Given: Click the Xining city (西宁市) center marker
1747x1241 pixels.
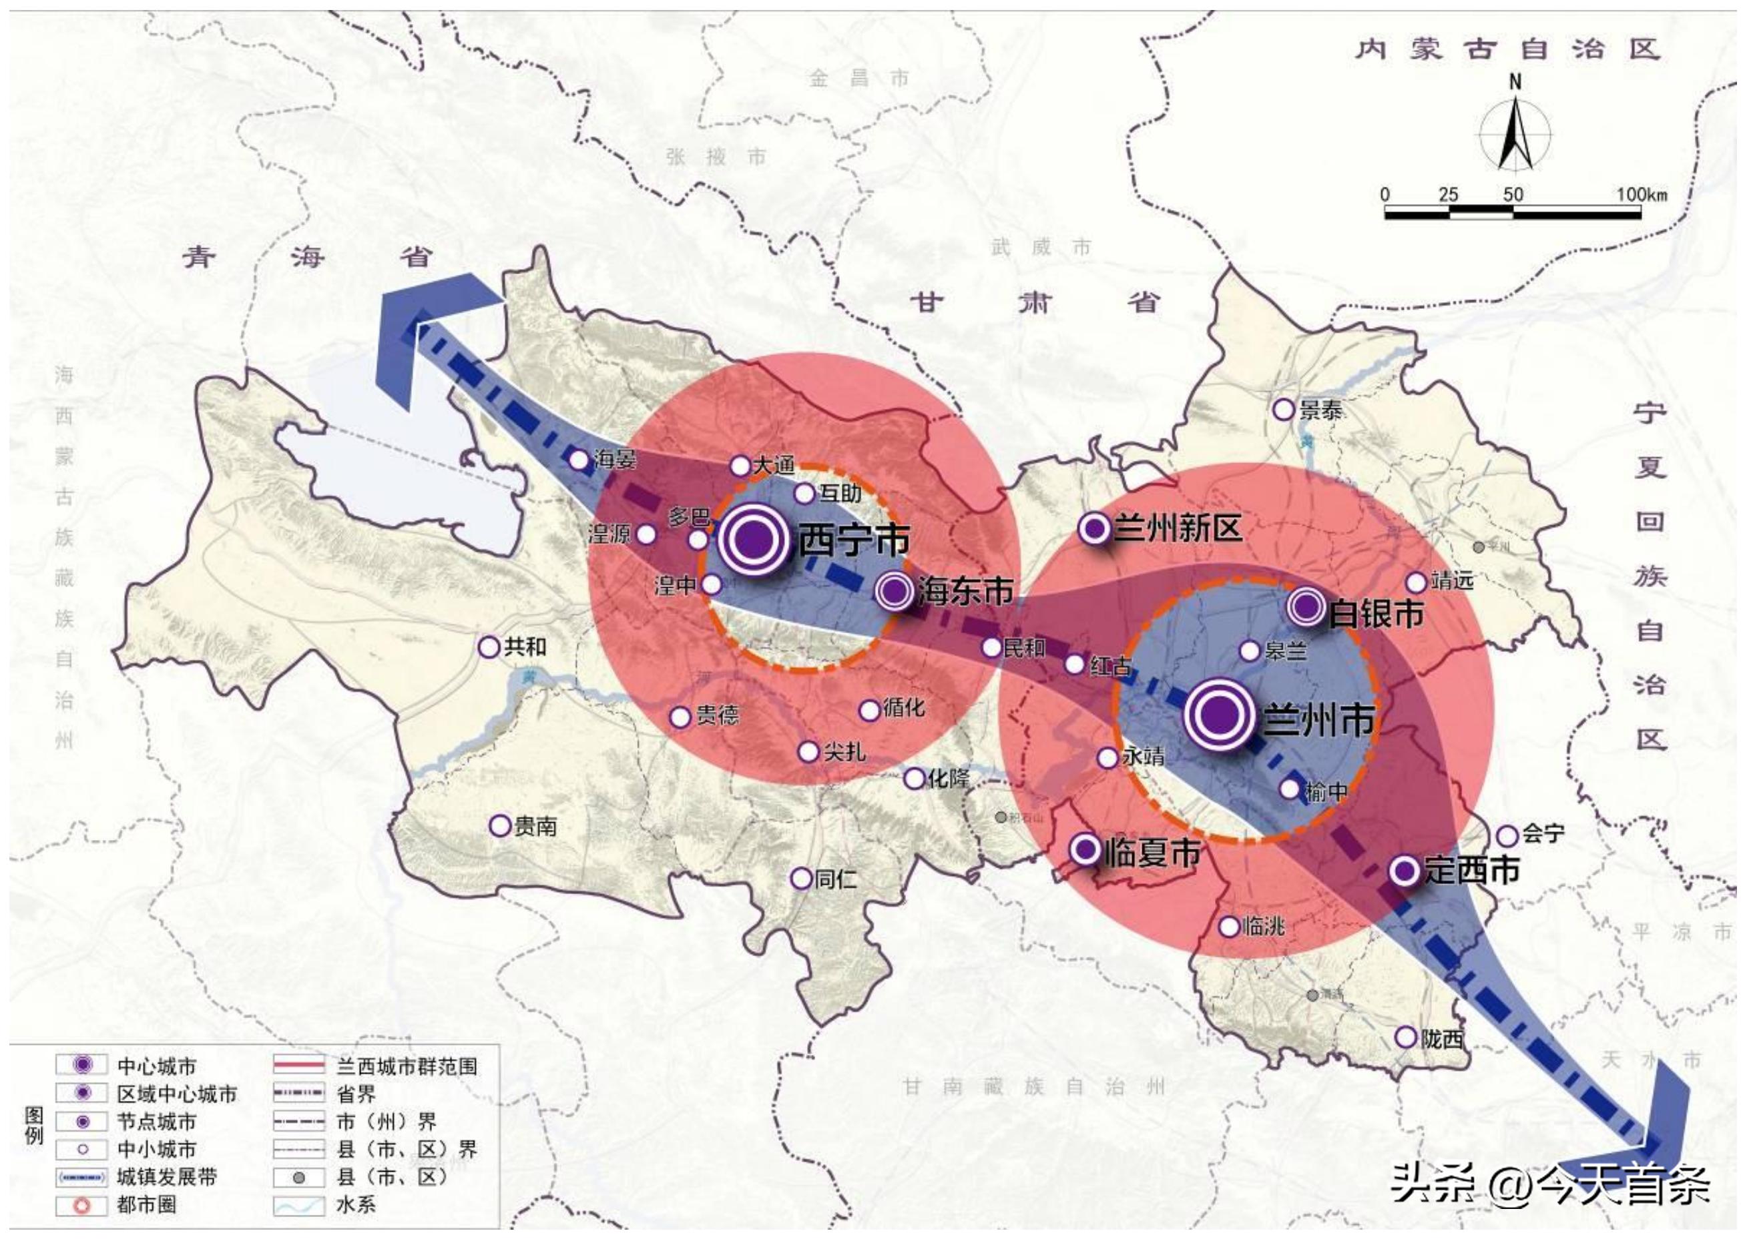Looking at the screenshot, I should click(x=752, y=540).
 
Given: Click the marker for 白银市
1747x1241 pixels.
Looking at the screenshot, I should click(x=1306, y=608).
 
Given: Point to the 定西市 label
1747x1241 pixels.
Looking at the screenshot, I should click(x=1471, y=871).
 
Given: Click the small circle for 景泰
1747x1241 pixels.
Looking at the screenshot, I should click(x=1284, y=410).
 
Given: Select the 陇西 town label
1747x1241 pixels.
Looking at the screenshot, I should click(x=1442, y=1038).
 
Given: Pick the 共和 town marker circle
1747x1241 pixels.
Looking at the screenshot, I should click(x=489, y=647).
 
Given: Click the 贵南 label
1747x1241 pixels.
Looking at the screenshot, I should click(x=535, y=826).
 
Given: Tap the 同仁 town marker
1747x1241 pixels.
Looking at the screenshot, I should click(x=800, y=879).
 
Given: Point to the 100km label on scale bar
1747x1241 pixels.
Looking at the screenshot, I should click(x=1641, y=195).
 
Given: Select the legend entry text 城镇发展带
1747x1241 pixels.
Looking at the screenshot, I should click(x=167, y=1177).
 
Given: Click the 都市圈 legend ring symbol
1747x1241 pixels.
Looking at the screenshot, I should click(x=82, y=1205).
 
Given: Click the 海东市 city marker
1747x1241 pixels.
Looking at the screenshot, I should click(x=894, y=590).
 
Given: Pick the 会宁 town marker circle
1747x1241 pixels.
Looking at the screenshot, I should click(x=1507, y=835).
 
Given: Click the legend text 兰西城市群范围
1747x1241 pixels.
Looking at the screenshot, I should click(x=407, y=1067).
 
